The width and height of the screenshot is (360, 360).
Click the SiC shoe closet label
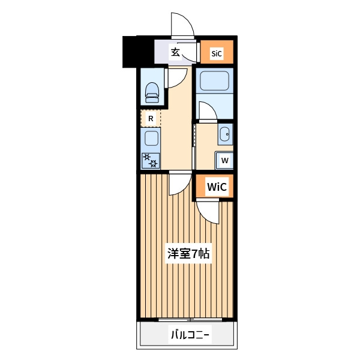pos(217,53)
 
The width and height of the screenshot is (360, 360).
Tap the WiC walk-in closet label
pos(217,187)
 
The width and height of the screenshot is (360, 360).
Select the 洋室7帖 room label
pos(188,254)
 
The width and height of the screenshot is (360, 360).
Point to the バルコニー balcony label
pos(190,335)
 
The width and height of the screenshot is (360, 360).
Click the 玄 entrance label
pos(175,53)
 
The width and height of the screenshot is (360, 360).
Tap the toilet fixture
pos(152,92)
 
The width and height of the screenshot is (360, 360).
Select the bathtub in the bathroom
pos(214,81)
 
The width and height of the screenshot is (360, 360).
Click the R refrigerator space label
pos(151,119)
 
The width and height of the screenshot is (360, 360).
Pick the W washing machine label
pos(225,160)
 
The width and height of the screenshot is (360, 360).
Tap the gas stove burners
pos(151,160)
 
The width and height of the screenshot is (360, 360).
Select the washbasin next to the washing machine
pos(225,134)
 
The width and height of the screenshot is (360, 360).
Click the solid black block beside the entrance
pos(138,52)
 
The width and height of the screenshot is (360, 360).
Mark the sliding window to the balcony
pos(190,319)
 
